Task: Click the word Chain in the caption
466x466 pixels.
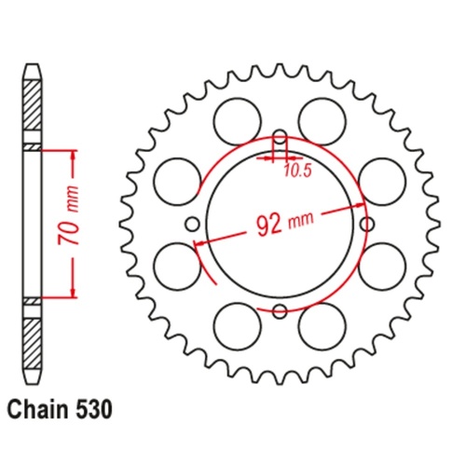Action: [37, 408]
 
